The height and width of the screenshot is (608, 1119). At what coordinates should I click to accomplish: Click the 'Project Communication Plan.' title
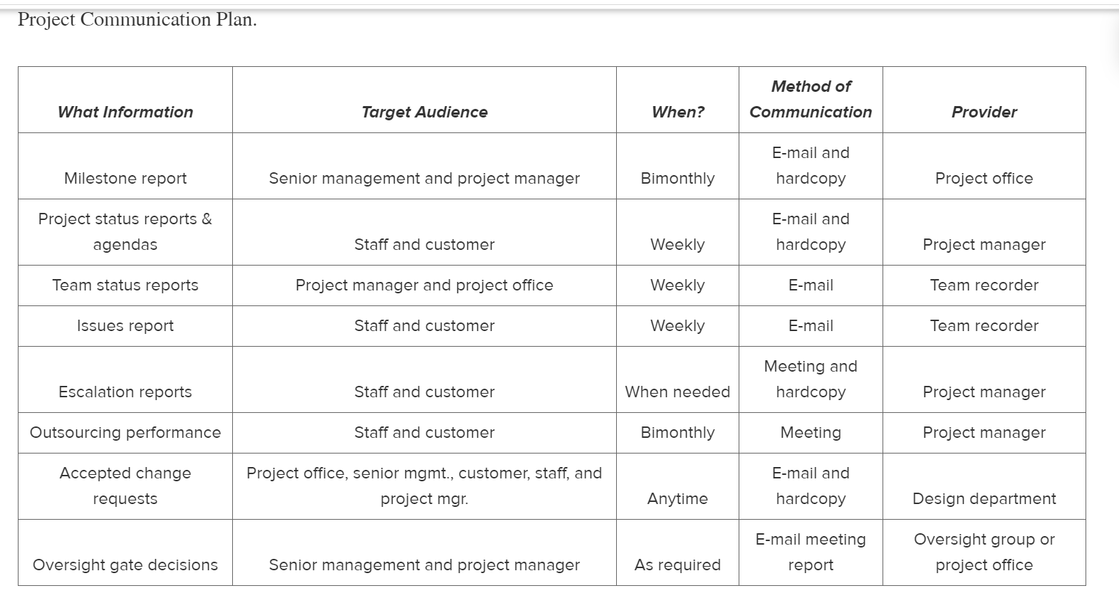pyautogui.click(x=137, y=20)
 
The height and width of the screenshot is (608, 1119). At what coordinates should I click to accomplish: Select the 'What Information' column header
pyautogui.click(x=125, y=112)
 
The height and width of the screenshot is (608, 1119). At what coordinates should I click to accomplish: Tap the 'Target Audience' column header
pyautogui.click(x=425, y=112)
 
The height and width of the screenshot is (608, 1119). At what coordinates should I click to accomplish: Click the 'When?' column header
pyautogui.click(x=678, y=112)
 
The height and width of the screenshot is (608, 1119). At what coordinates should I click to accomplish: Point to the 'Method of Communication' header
pyautogui.click(x=811, y=99)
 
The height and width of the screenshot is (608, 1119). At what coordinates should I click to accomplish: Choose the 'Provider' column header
pyautogui.click(x=984, y=112)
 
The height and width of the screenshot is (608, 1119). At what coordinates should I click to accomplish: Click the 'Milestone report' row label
pyautogui.click(x=125, y=178)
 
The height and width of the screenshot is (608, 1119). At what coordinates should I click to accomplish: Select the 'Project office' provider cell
pyautogui.click(x=984, y=178)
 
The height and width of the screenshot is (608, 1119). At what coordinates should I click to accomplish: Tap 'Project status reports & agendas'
pyautogui.click(x=125, y=231)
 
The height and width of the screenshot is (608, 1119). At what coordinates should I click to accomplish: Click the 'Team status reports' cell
pyautogui.click(x=125, y=285)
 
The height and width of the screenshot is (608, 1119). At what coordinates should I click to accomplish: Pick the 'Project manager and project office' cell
pyautogui.click(x=425, y=285)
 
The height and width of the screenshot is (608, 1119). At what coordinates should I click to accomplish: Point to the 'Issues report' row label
pyautogui.click(x=125, y=325)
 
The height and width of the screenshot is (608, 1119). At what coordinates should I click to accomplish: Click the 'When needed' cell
pyautogui.click(x=678, y=392)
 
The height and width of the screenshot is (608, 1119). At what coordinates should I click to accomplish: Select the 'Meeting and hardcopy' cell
pyautogui.click(x=811, y=379)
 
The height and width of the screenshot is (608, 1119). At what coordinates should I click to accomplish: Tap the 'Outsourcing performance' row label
pyautogui.click(x=125, y=432)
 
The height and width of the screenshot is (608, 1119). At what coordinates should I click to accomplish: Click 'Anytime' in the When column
pyautogui.click(x=678, y=498)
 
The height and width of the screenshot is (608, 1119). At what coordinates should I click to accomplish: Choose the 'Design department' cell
pyautogui.click(x=984, y=498)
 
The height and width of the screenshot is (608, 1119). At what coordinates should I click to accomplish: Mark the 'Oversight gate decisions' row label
pyautogui.click(x=125, y=565)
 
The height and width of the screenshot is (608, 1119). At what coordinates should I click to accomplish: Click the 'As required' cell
pyautogui.click(x=678, y=565)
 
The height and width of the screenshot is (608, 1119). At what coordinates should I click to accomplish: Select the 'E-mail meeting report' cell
pyautogui.click(x=811, y=552)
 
